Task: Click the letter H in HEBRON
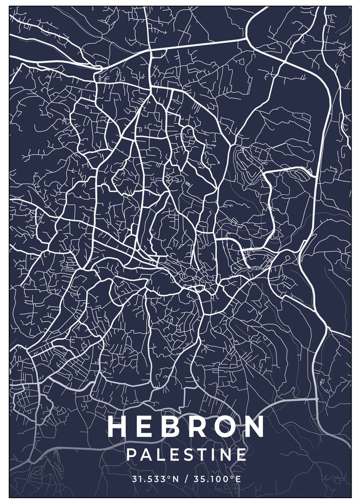point(118,427)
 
